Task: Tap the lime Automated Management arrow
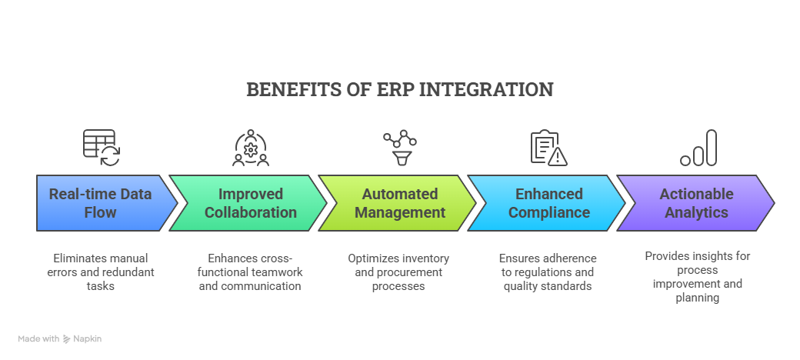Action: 399,203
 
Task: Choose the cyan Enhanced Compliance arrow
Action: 548,203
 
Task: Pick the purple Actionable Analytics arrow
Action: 696,203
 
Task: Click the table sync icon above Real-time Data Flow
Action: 102,148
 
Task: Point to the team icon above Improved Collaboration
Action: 251,148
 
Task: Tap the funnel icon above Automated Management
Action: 400,148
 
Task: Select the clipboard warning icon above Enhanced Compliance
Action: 548,148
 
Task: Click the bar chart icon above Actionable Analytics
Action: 698,148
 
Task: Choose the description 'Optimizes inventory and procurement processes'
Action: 398,272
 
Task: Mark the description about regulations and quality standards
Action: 548,272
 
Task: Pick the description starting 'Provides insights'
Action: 697,276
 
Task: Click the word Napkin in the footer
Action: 87,338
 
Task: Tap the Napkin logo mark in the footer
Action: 67,338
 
